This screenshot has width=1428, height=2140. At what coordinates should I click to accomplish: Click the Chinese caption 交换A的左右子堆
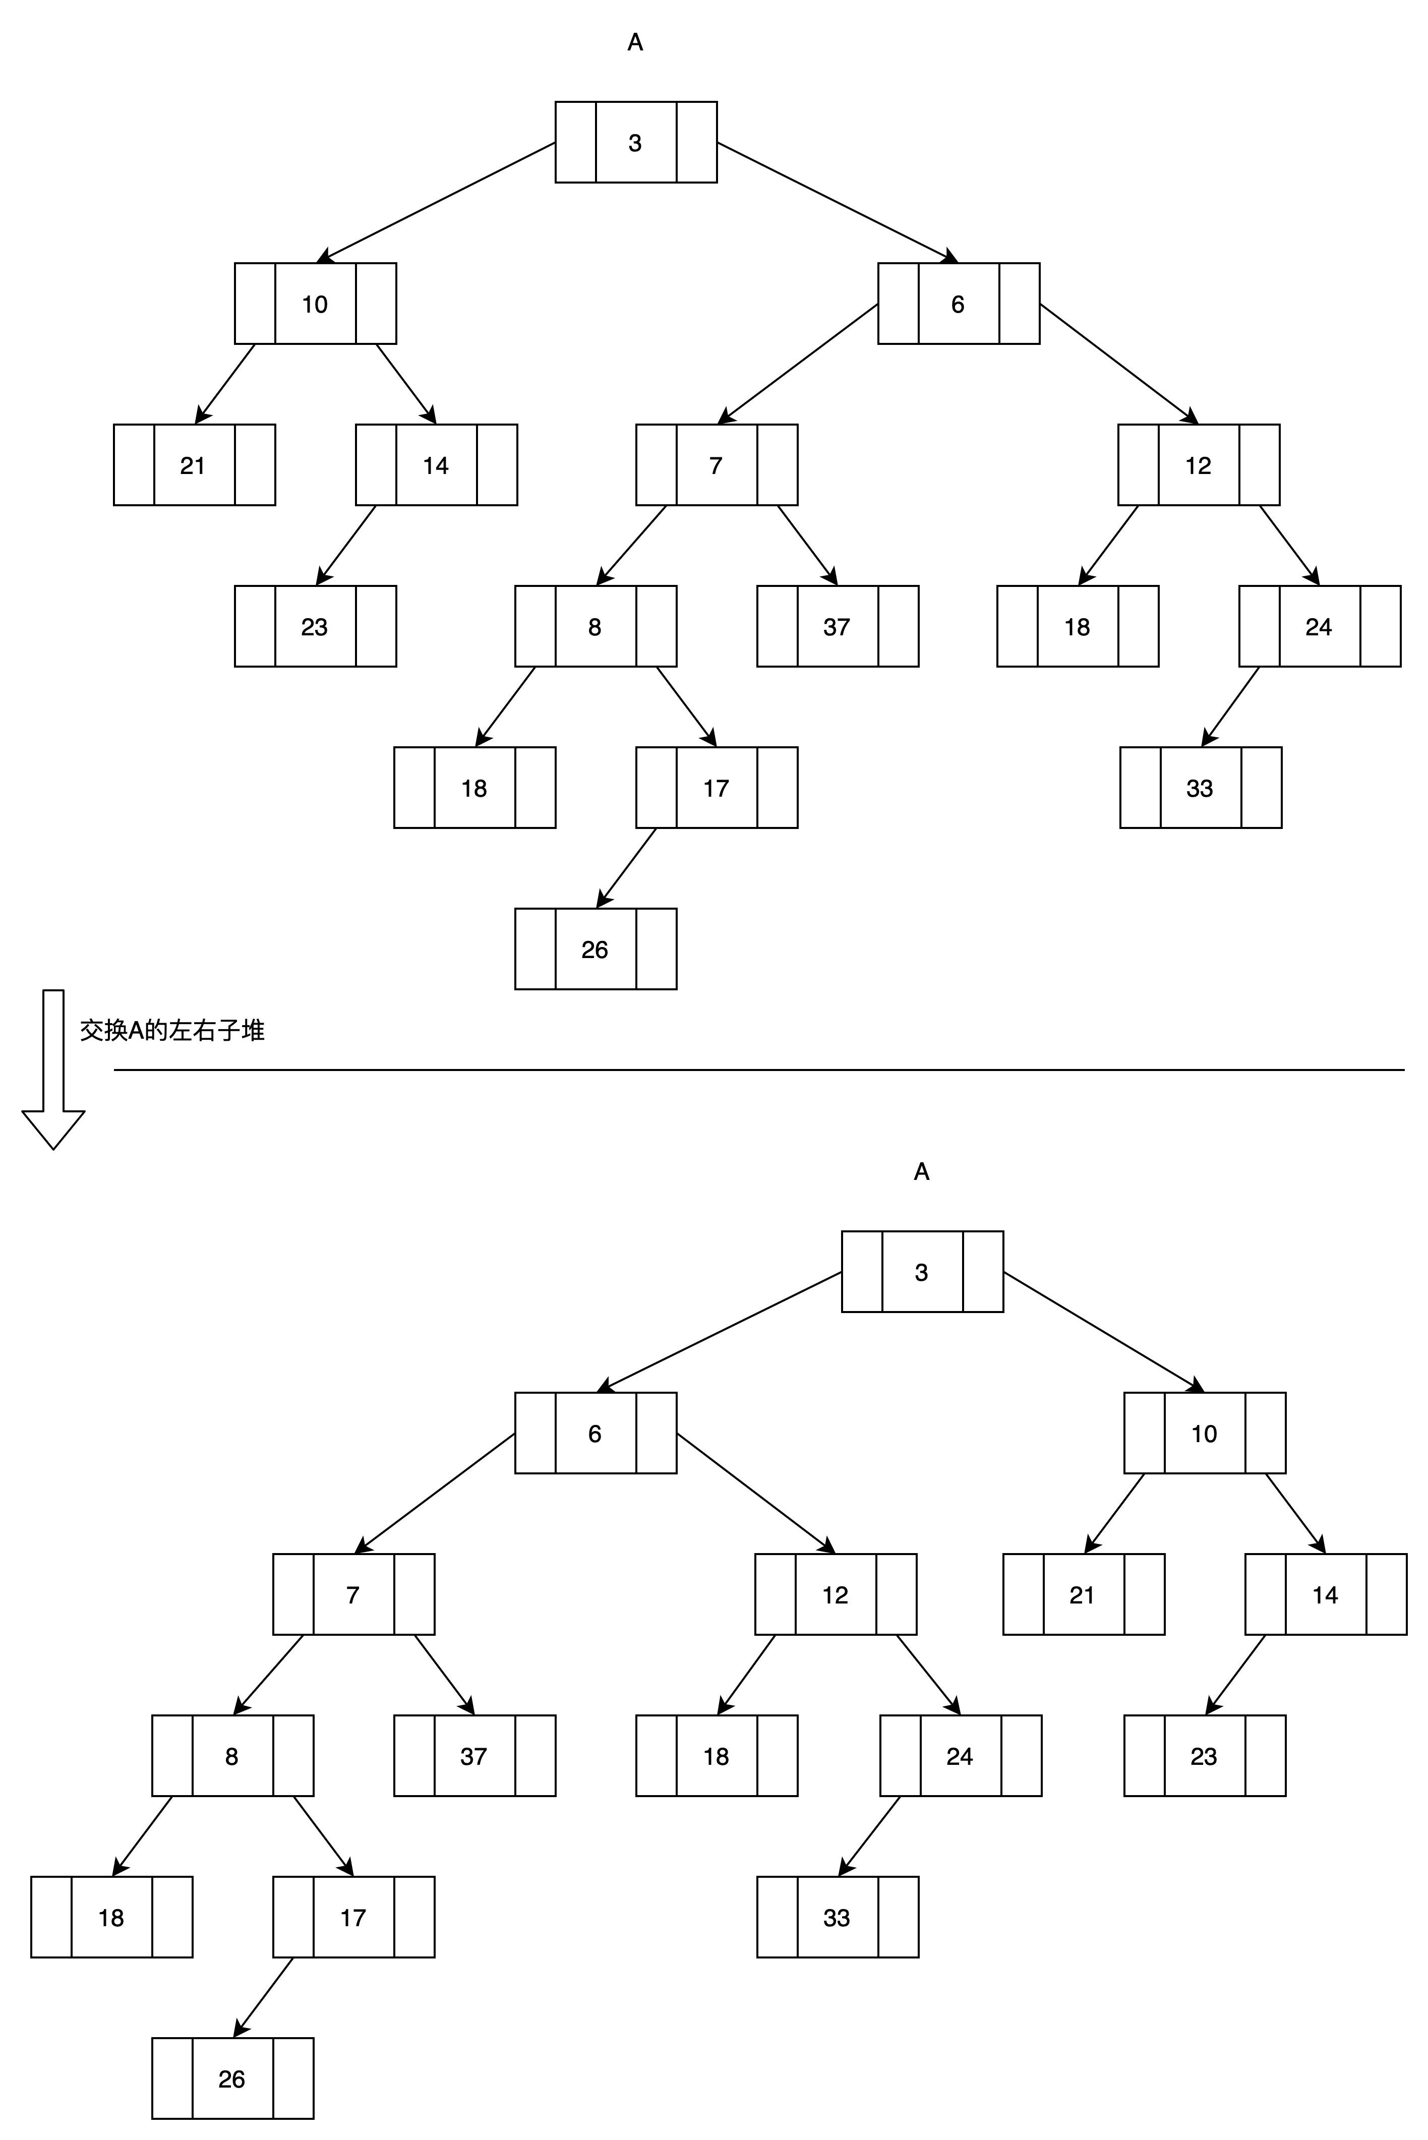tap(172, 1030)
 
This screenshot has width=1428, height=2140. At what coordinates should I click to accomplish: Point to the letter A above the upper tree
tap(636, 42)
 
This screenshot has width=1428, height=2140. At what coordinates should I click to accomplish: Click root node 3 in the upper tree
tap(636, 142)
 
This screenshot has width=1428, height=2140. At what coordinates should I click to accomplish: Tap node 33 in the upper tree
tap(1200, 788)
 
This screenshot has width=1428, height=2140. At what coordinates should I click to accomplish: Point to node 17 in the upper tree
tap(717, 788)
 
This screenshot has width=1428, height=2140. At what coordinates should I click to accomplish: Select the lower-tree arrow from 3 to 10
tap(1104, 1332)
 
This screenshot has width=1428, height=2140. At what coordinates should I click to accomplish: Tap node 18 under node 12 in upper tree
tap(1078, 626)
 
